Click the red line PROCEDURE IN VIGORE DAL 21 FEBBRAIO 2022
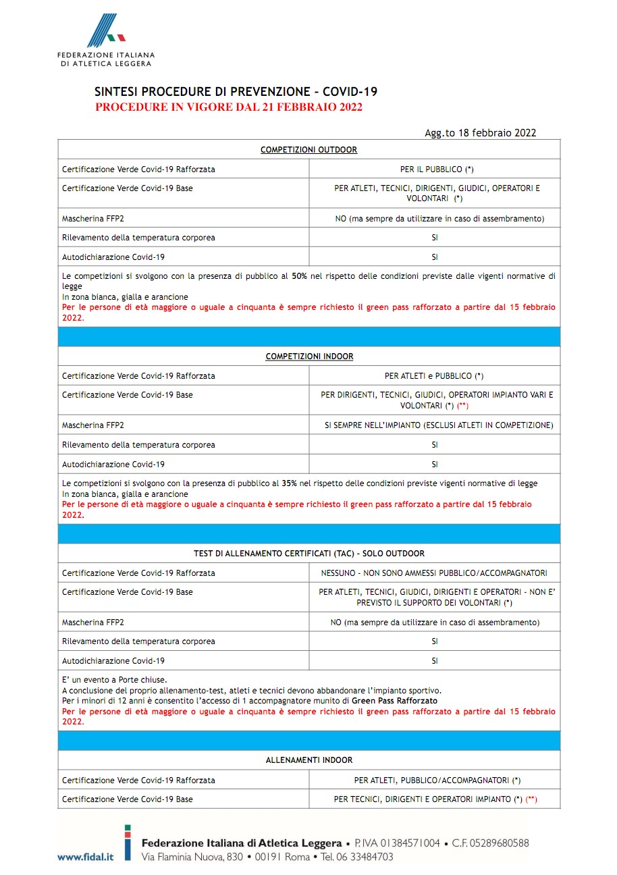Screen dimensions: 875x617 pyautogui.click(x=229, y=107)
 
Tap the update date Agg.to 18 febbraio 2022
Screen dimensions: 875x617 pyautogui.click(x=480, y=133)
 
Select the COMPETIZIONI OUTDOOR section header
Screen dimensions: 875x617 pyautogui.click(x=308, y=150)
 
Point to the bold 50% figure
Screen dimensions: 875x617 pyautogui.click(x=300, y=276)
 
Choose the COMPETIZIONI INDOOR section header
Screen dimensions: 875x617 pyautogui.click(x=309, y=356)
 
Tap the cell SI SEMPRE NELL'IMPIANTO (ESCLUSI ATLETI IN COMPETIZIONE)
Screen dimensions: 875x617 pyautogui.click(x=439, y=425)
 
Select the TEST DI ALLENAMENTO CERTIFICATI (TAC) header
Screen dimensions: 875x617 pyautogui.click(x=309, y=554)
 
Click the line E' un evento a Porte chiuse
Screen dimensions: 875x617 pyautogui.click(x=114, y=680)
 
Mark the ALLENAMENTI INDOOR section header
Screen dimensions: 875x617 pyautogui.click(x=309, y=760)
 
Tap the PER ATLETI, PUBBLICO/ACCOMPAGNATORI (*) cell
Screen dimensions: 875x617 pyautogui.click(x=437, y=780)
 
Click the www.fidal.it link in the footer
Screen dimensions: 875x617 pyautogui.click(x=84, y=857)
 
